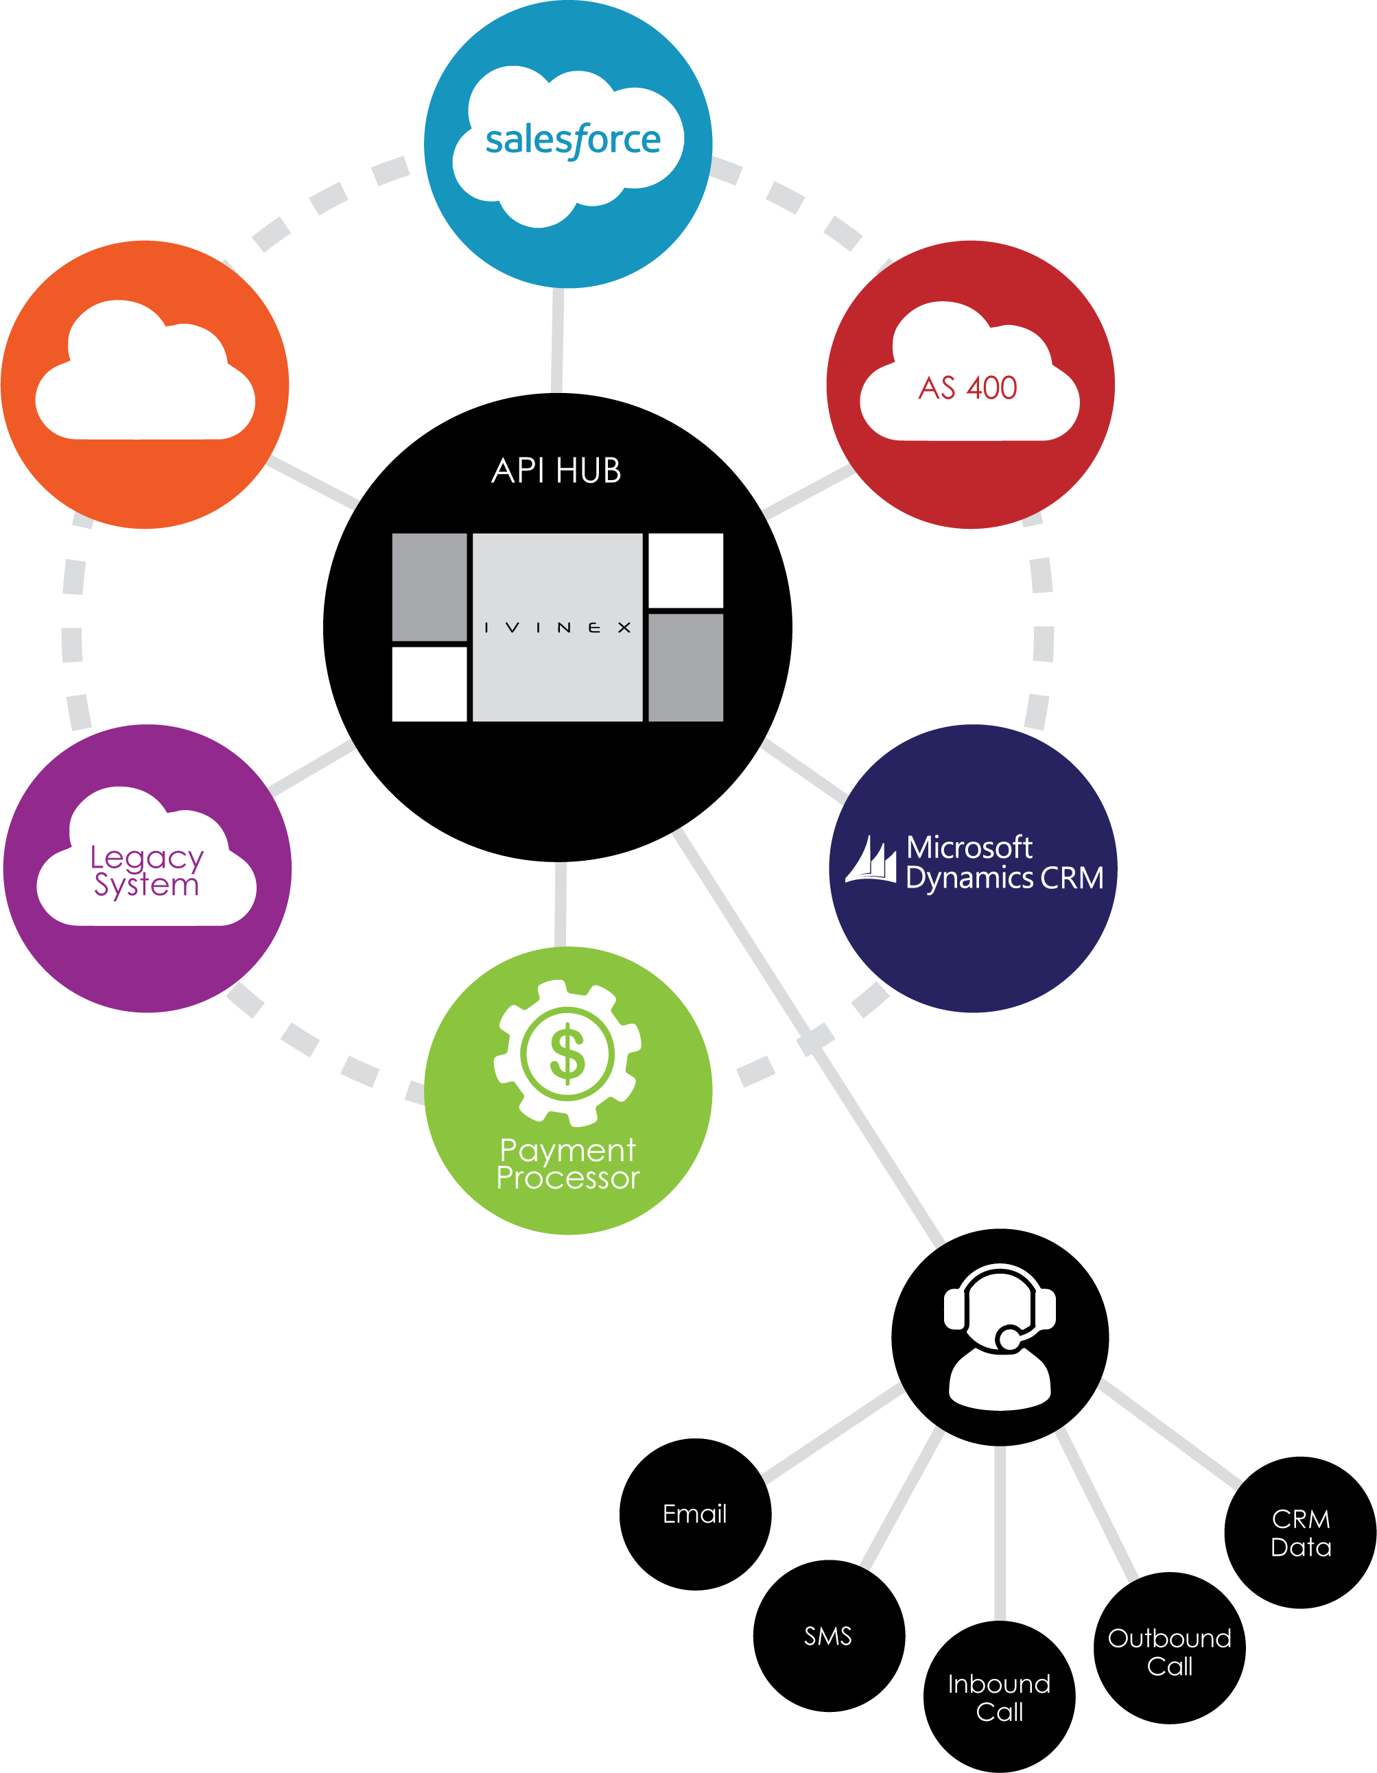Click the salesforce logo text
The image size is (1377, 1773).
(572, 141)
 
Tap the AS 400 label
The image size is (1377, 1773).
(968, 388)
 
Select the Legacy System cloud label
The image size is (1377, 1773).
(146, 871)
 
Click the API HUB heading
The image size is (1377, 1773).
(556, 471)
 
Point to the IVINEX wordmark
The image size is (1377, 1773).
(557, 628)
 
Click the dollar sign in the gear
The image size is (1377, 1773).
(567, 1054)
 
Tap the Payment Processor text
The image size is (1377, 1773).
(567, 1164)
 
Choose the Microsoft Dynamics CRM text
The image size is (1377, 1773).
(1004, 863)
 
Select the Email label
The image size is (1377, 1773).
(694, 1514)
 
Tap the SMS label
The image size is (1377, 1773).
(827, 1637)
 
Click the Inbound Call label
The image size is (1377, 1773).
(999, 1698)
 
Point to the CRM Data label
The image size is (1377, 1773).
(1301, 1533)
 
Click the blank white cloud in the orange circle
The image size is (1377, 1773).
(145, 377)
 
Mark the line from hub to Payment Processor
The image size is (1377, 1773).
(561, 903)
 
